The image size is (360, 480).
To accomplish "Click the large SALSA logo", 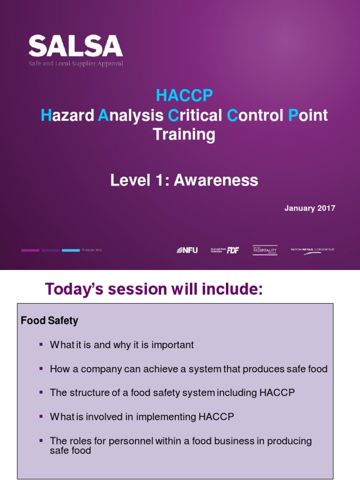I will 75,47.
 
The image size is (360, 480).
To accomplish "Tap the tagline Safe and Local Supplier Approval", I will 76,63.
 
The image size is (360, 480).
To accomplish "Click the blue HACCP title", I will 184,96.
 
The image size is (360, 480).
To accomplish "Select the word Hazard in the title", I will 67,115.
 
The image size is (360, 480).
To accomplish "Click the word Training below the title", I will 184,135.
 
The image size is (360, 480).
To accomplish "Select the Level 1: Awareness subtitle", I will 184,180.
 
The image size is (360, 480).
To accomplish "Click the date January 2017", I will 309,208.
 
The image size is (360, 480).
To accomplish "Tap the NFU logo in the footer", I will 187,250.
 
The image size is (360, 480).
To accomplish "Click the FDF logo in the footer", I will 225,250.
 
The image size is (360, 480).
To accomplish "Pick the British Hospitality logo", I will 265,250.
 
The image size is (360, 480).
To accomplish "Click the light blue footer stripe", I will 71,250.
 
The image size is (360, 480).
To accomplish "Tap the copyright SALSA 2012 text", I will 92,250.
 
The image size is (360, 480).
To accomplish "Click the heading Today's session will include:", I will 154,290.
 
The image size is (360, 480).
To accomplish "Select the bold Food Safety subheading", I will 50,321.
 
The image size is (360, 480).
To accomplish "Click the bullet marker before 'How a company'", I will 41,369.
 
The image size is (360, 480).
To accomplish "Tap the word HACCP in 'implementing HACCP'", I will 219,416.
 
